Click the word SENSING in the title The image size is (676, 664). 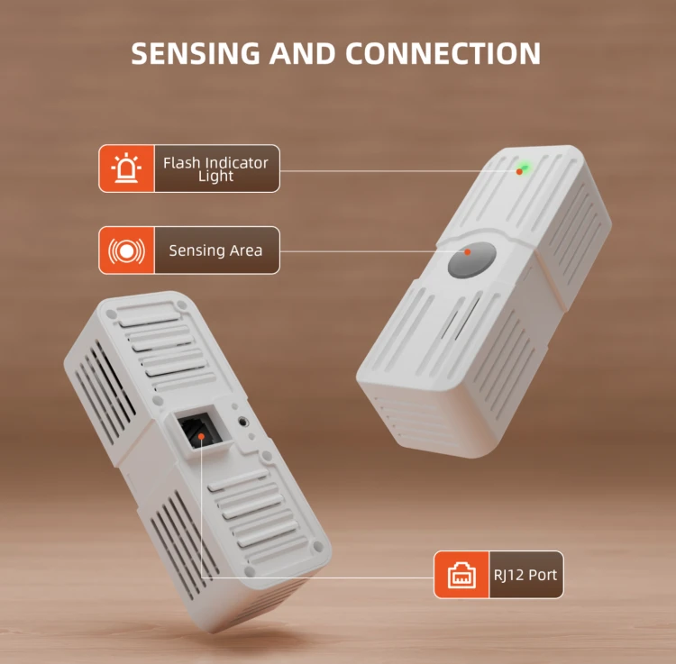pyautogui.click(x=196, y=53)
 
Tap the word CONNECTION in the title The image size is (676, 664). pyautogui.click(x=443, y=53)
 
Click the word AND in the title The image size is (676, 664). pyautogui.click(x=302, y=53)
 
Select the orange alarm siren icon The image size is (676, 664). pyautogui.click(x=126, y=168)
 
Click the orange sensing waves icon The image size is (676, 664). pyautogui.click(x=126, y=250)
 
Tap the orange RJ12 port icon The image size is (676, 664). pyautogui.click(x=461, y=575)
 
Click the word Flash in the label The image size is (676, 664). pyautogui.click(x=182, y=162)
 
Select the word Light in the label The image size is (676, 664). pyautogui.click(x=215, y=176)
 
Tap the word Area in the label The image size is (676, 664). pyautogui.click(x=245, y=250)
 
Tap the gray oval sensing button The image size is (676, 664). pyautogui.click(x=472, y=259)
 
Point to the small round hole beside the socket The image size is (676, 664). pyautogui.click(x=243, y=422)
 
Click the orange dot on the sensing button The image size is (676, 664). pyautogui.click(x=467, y=251)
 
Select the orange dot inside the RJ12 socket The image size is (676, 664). pyautogui.click(x=201, y=436)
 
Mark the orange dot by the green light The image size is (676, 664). pyautogui.click(x=519, y=171)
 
